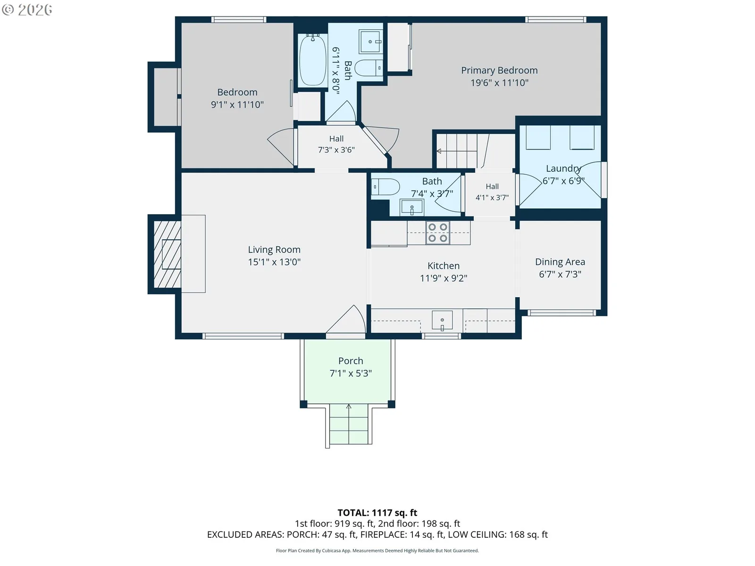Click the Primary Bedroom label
(x=499, y=70)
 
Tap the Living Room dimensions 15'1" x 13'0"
(x=274, y=262)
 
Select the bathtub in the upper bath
(x=312, y=60)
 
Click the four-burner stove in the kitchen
(x=437, y=233)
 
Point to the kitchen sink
(x=442, y=320)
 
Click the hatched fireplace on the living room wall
(x=167, y=254)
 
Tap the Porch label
(x=351, y=361)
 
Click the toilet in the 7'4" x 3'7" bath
(x=385, y=187)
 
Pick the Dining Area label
(x=560, y=262)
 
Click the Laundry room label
(x=563, y=168)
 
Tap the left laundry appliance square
(x=538, y=137)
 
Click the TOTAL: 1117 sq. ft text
(x=377, y=513)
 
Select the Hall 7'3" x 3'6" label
(x=336, y=144)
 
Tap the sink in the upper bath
(x=370, y=42)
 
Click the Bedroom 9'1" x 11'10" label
(x=237, y=98)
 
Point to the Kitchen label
(x=444, y=266)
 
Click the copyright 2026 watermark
(x=27, y=9)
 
